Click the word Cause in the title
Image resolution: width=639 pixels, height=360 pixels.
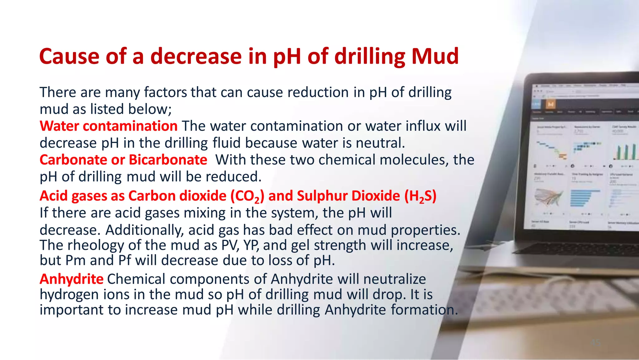(69, 57)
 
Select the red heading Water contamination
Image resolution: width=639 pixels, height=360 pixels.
(109, 126)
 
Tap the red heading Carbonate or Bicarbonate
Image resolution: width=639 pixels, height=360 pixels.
(123, 160)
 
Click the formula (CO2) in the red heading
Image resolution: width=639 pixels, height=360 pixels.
(247, 196)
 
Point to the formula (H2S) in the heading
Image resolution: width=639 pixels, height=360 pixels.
(420, 196)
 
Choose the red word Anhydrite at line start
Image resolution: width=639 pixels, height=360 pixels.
(71, 279)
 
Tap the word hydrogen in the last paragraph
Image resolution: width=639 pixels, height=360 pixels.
(69, 294)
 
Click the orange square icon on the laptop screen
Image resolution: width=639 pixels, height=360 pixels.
(551, 104)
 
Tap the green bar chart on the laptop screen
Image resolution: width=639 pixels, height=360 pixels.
(625, 152)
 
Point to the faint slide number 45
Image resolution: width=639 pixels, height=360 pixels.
(596, 343)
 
